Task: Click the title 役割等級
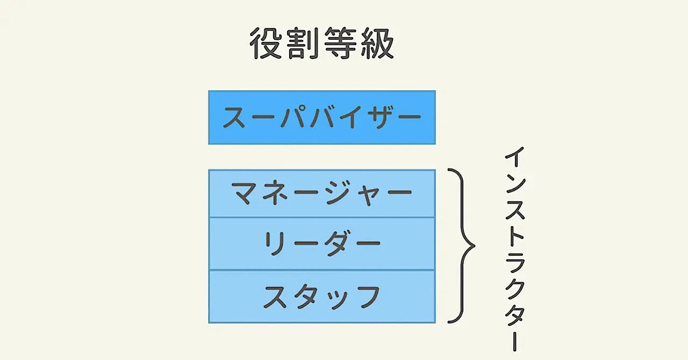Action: coord(322,44)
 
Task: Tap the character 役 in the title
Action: coord(268,44)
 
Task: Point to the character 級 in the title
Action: coord(376,44)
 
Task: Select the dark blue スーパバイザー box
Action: coord(322,117)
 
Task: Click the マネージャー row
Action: coord(322,193)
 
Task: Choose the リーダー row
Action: coord(322,243)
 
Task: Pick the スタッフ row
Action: coord(322,296)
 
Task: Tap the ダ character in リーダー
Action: coord(336,243)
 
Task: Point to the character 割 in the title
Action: coord(303,44)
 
